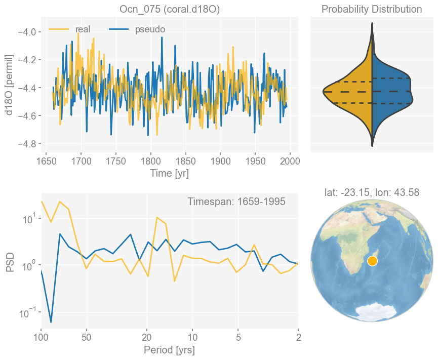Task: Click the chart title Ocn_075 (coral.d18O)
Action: click(x=169, y=10)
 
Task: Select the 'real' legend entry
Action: click(x=83, y=29)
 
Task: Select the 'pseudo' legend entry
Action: click(x=150, y=29)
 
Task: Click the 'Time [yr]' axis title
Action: click(x=169, y=173)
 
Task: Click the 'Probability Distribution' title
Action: click(x=372, y=10)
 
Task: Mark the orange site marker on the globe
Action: click(x=372, y=261)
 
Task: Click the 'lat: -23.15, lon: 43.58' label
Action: click(x=372, y=192)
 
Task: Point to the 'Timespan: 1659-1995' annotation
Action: click(x=236, y=202)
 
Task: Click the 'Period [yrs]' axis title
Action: click(x=169, y=350)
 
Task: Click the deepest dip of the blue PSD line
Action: click(x=51, y=322)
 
